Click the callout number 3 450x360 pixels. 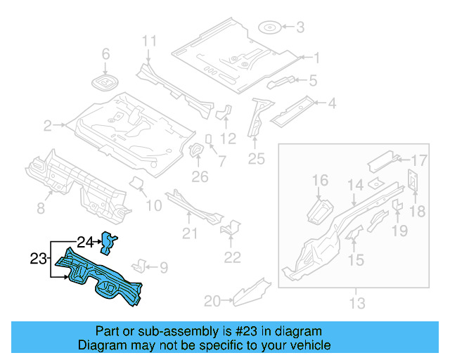300,27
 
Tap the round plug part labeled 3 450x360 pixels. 271,28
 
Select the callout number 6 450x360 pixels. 106,54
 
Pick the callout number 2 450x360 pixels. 48,126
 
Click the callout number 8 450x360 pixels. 40,207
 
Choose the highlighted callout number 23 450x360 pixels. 39,259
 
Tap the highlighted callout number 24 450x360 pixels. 85,243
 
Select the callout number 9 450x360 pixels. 164,267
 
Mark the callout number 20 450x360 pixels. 211,302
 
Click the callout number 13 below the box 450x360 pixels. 357,304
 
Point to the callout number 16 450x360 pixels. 320,181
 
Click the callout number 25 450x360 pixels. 256,159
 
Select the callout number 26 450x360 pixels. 200,176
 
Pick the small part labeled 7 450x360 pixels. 209,139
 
